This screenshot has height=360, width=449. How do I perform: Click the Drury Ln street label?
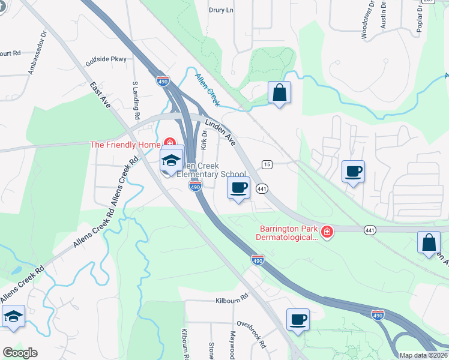(220, 10)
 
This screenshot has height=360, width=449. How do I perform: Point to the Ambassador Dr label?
(37, 53)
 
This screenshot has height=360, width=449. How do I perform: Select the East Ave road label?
(100, 95)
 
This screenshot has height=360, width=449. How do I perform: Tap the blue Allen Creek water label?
(208, 85)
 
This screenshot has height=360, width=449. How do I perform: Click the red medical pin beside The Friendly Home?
(169, 143)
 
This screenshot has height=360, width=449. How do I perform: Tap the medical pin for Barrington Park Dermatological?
(327, 232)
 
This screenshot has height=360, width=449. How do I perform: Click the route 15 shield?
(267, 164)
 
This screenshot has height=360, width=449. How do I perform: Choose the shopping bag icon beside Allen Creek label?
(279, 93)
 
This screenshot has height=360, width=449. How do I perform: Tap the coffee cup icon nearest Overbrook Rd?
(297, 319)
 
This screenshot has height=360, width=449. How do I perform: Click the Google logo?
(20, 353)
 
